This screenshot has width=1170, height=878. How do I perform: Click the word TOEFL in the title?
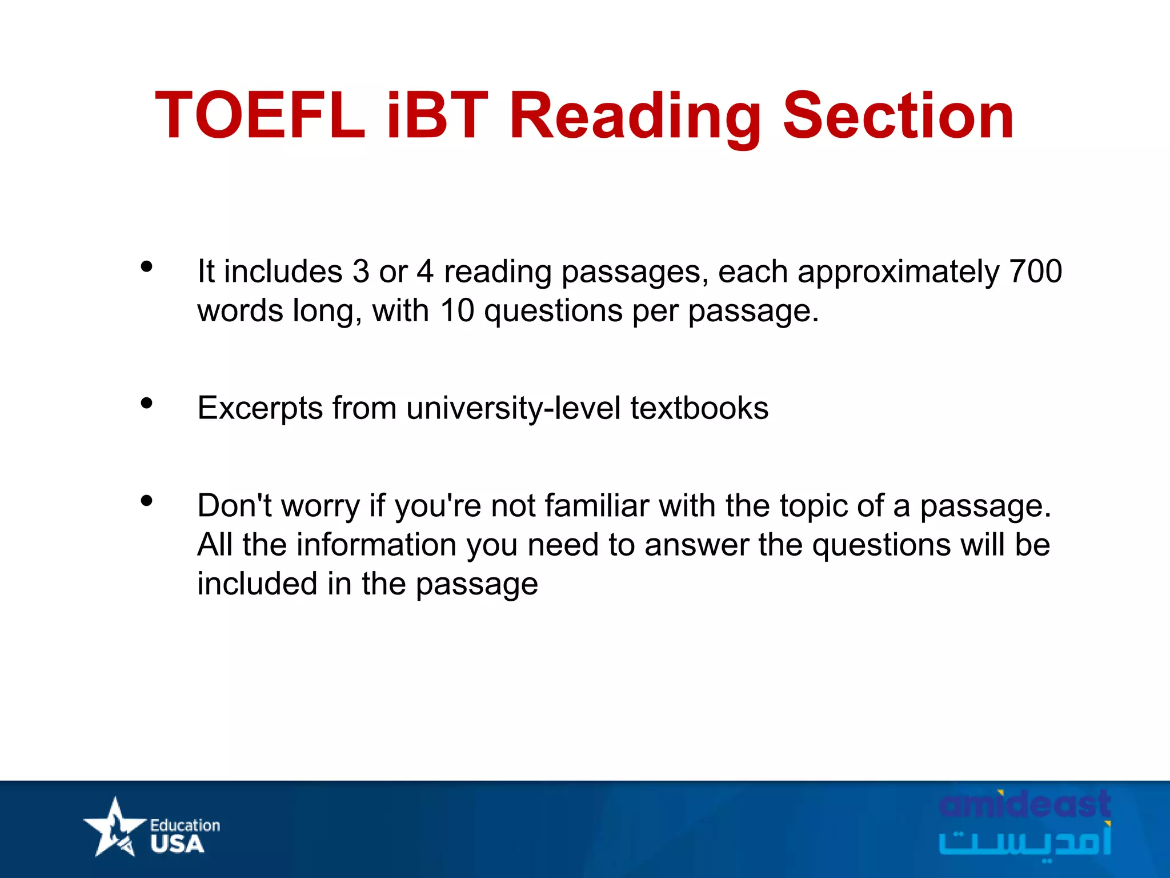(260, 116)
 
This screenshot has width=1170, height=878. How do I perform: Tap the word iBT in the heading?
(437, 116)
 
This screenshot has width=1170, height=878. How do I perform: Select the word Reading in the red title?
(635, 117)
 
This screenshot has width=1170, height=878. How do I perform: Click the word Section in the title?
(898, 116)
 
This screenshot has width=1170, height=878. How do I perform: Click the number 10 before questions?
(456, 310)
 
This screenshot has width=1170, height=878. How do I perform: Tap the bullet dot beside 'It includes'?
(147, 266)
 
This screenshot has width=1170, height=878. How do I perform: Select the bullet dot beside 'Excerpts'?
(147, 404)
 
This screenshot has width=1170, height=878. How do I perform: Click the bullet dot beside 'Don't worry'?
(147, 501)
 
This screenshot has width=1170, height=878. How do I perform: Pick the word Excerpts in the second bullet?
(260, 409)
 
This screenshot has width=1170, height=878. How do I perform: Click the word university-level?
(513, 408)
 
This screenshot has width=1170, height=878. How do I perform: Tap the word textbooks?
(699, 408)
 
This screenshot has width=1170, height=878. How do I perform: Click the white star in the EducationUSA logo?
(115, 827)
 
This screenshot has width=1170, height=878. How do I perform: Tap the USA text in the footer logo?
(177, 844)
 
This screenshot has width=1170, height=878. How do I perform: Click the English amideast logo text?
(1024, 804)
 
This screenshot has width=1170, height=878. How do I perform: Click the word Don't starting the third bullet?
(234, 506)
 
